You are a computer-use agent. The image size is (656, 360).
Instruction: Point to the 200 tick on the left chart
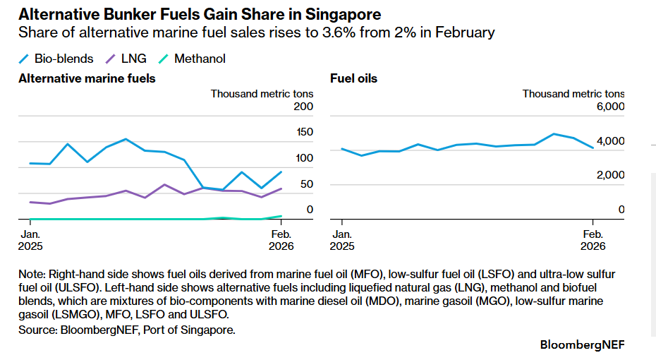coord(303,107)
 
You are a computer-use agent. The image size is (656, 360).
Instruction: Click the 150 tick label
coord(303,132)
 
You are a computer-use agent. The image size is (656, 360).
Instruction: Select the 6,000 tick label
coord(611,107)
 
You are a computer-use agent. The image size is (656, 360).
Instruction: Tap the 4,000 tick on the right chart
coord(611,141)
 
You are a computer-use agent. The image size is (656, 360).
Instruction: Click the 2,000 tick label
coord(611,175)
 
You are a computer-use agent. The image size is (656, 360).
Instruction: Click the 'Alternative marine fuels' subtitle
coord(87,78)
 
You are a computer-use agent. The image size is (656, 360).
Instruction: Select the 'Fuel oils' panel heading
coord(353,78)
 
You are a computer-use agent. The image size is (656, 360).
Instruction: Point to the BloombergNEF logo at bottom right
coord(582,345)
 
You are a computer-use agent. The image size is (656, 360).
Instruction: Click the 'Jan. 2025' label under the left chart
coord(30,240)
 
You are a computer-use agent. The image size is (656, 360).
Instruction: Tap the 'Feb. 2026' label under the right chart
coord(593,240)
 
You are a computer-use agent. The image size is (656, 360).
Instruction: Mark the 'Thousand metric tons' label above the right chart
coord(573,93)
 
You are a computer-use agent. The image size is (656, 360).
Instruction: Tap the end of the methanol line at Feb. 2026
coord(281,216)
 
